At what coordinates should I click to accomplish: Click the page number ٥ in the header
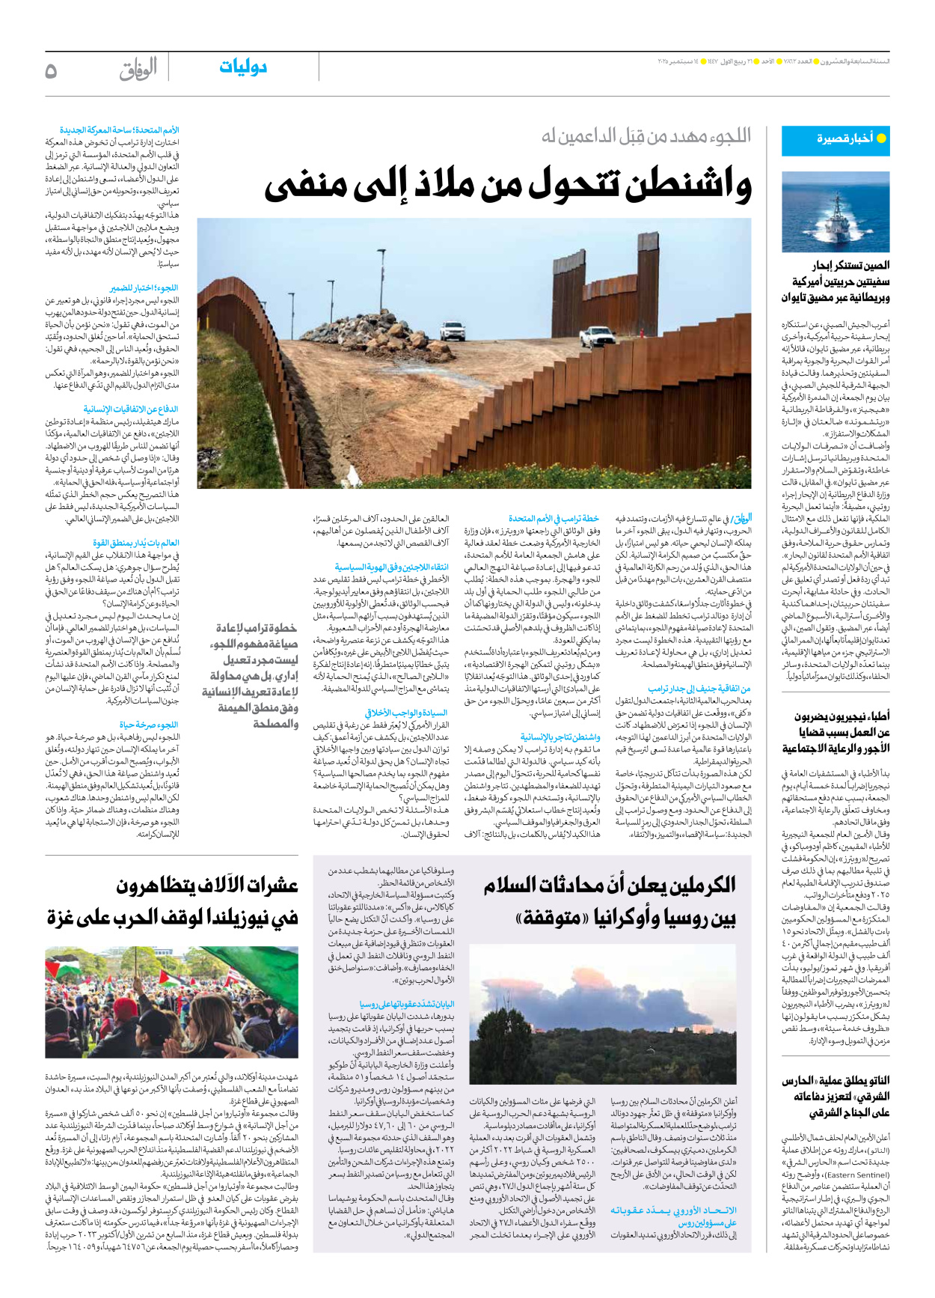[x=51, y=71]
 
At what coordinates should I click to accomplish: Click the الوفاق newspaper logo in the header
[x=138, y=70]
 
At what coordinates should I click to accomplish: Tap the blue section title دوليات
[x=243, y=67]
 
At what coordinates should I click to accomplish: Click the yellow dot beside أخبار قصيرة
[x=881, y=138]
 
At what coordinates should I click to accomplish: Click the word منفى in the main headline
[x=298, y=187]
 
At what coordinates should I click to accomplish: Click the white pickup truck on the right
[x=599, y=336]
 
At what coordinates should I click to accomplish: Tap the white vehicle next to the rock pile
[x=452, y=329]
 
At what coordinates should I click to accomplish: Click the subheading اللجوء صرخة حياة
[x=149, y=725]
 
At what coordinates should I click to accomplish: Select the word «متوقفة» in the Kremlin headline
[x=552, y=918]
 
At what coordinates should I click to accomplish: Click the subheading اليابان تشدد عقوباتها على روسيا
[x=407, y=1004]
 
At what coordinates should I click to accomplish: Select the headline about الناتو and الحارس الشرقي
[x=836, y=1097]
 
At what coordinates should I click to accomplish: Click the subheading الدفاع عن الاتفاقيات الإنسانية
[x=131, y=409]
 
